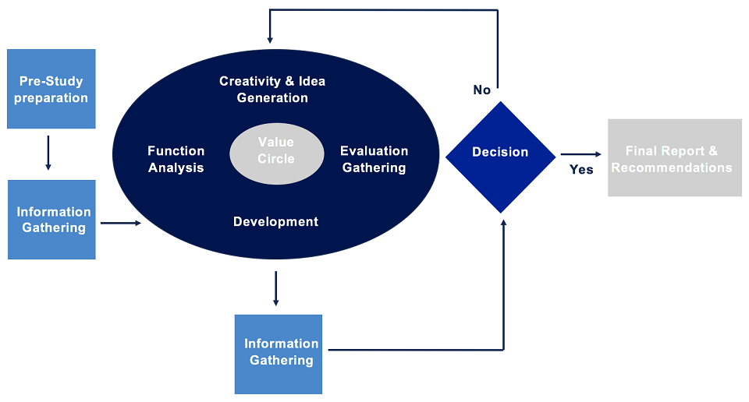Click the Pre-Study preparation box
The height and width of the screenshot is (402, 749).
[51, 89]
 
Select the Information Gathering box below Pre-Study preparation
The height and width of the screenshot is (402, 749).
[51, 220]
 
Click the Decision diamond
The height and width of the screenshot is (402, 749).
[500, 156]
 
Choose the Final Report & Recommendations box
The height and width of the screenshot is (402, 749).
[674, 157]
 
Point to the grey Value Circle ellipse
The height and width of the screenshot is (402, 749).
[276, 150]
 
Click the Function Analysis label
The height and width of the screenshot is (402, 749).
[176, 159]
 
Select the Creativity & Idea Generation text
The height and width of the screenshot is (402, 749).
[272, 90]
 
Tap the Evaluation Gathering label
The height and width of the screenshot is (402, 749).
[374, 159]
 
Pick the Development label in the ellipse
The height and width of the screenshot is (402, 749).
[275, 222]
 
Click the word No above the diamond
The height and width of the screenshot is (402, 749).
[482, 90]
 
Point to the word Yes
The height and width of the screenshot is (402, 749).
[581, 170]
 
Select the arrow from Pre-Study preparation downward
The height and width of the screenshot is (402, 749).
[48, 153]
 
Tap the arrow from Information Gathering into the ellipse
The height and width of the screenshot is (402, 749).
[121, 224]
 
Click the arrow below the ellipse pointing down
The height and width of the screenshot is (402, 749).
[275, 288]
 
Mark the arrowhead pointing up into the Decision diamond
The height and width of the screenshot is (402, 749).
[503, 224]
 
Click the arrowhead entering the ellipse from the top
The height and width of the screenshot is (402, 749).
[270, 38]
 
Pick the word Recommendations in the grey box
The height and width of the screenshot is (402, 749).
[672, 167]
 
